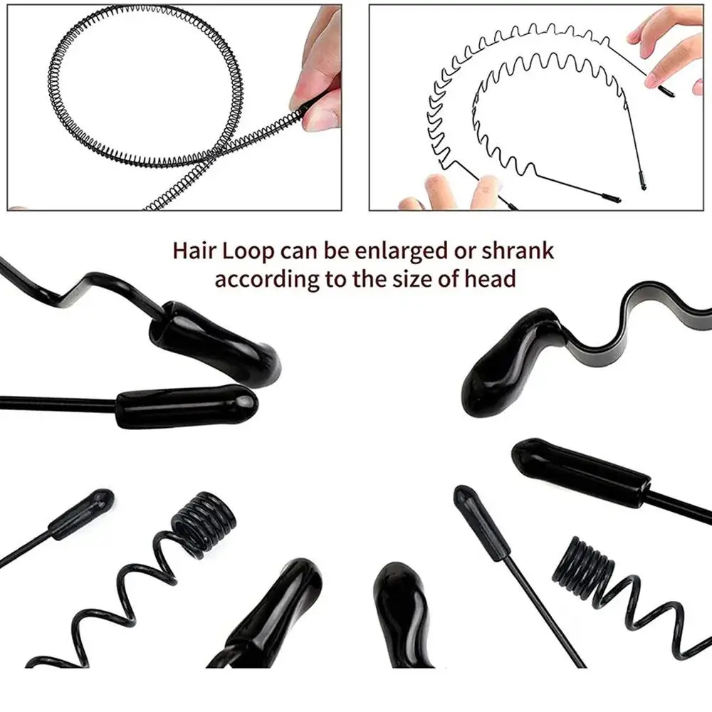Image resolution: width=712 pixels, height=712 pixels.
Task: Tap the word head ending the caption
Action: tap(488, 278)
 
